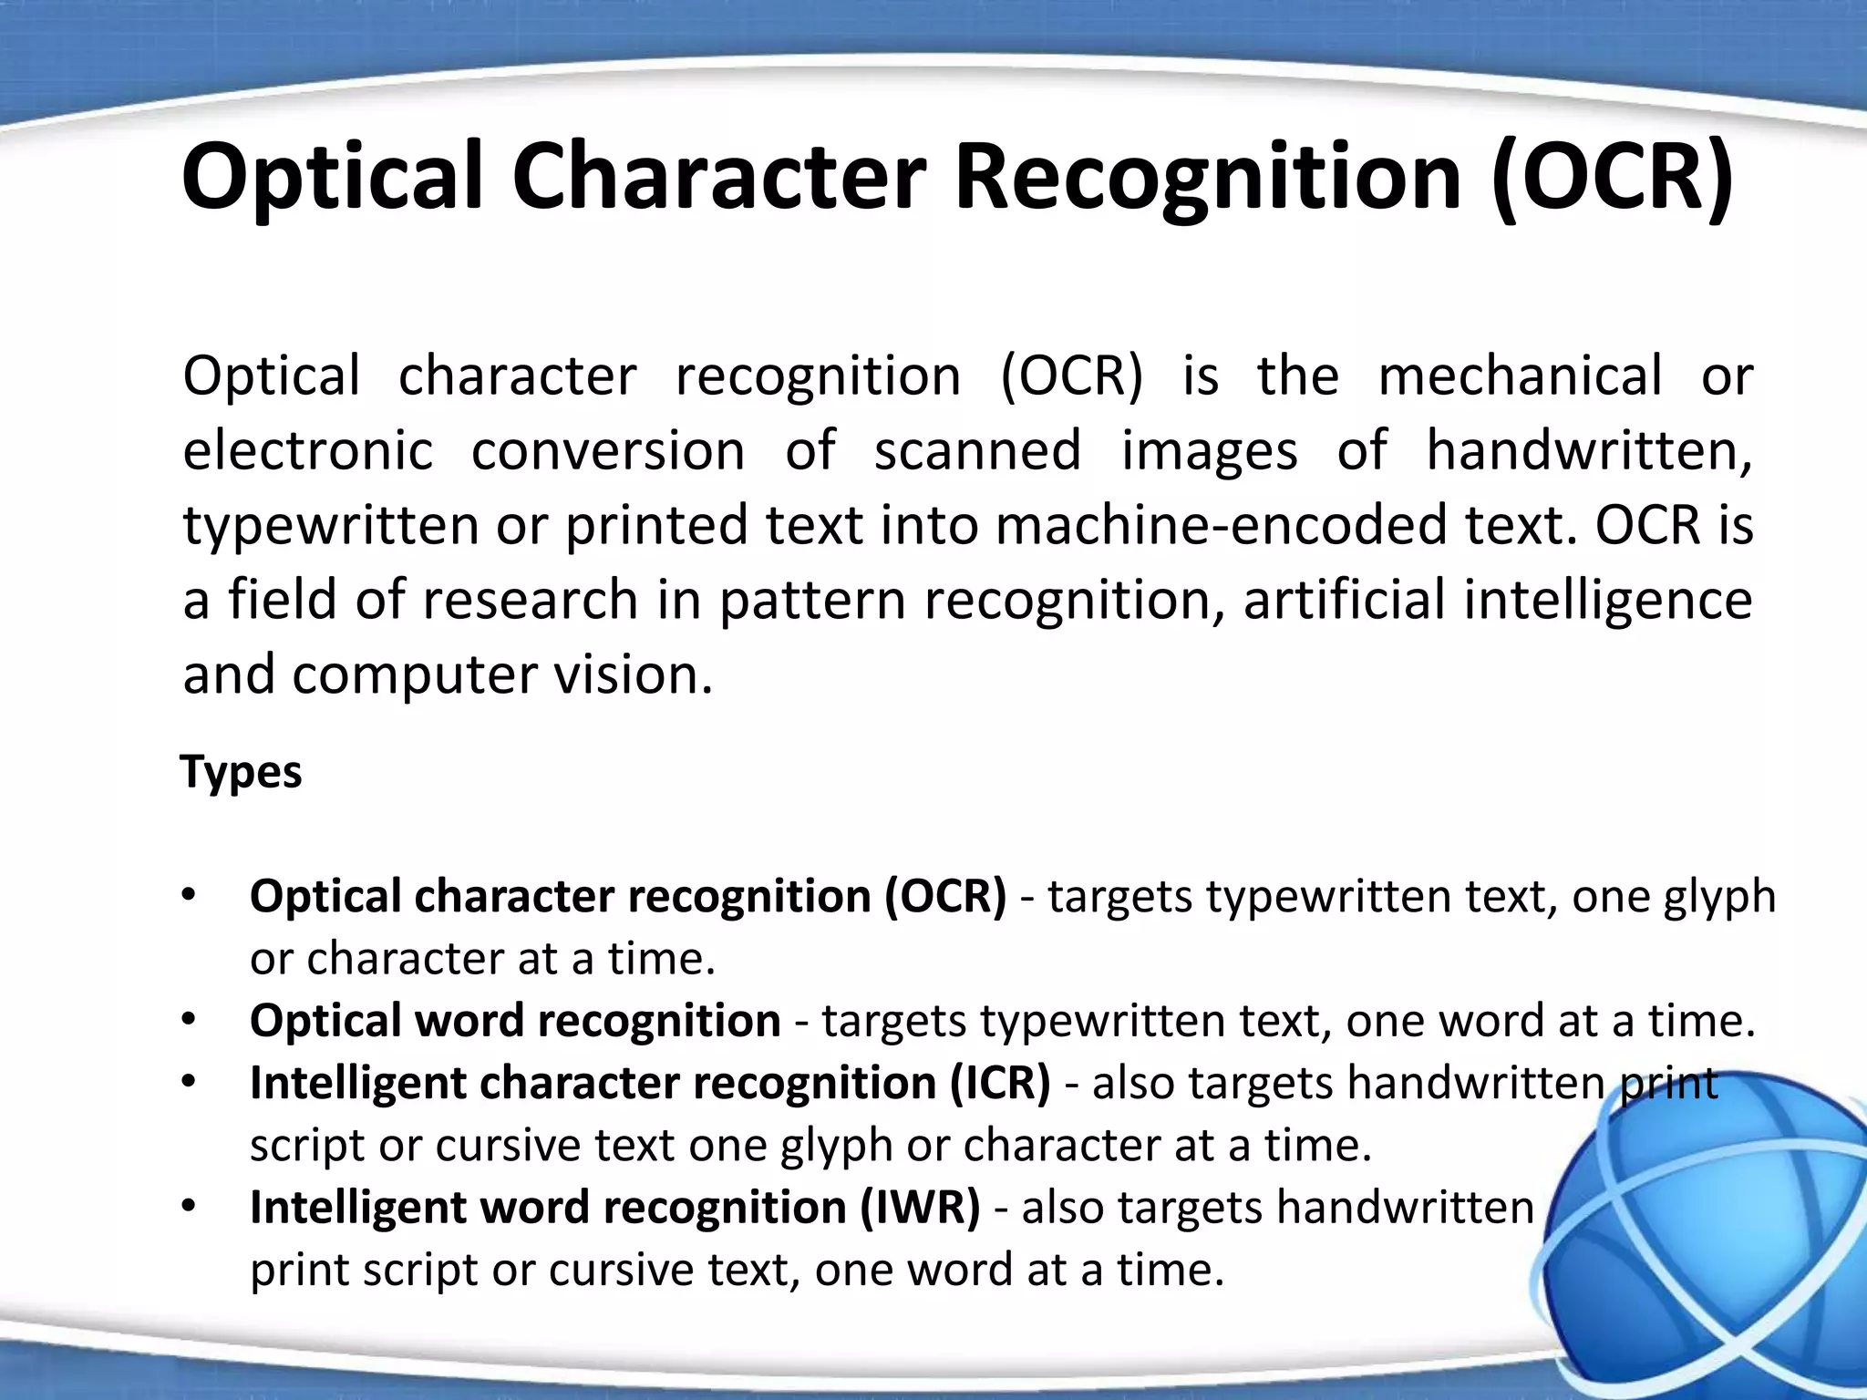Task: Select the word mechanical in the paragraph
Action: click(x=1520, y=376)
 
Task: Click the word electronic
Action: click(x=308, y=451)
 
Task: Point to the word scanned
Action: click(x=977, y=451)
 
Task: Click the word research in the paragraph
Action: click(x=529, y=601)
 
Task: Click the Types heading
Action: click(x=242, y=773)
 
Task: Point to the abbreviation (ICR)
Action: click(x=1000, y=1084)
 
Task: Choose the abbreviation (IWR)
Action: click(x=921, y=1209)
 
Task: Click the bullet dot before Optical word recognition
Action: click(x=189, y=1021)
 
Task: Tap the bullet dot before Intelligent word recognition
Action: click(x=189, y=1208)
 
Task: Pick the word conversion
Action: click(x=608, y=451)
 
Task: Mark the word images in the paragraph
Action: click(x=1209, y=451)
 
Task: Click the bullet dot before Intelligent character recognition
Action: click(x=189, y=1083)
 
